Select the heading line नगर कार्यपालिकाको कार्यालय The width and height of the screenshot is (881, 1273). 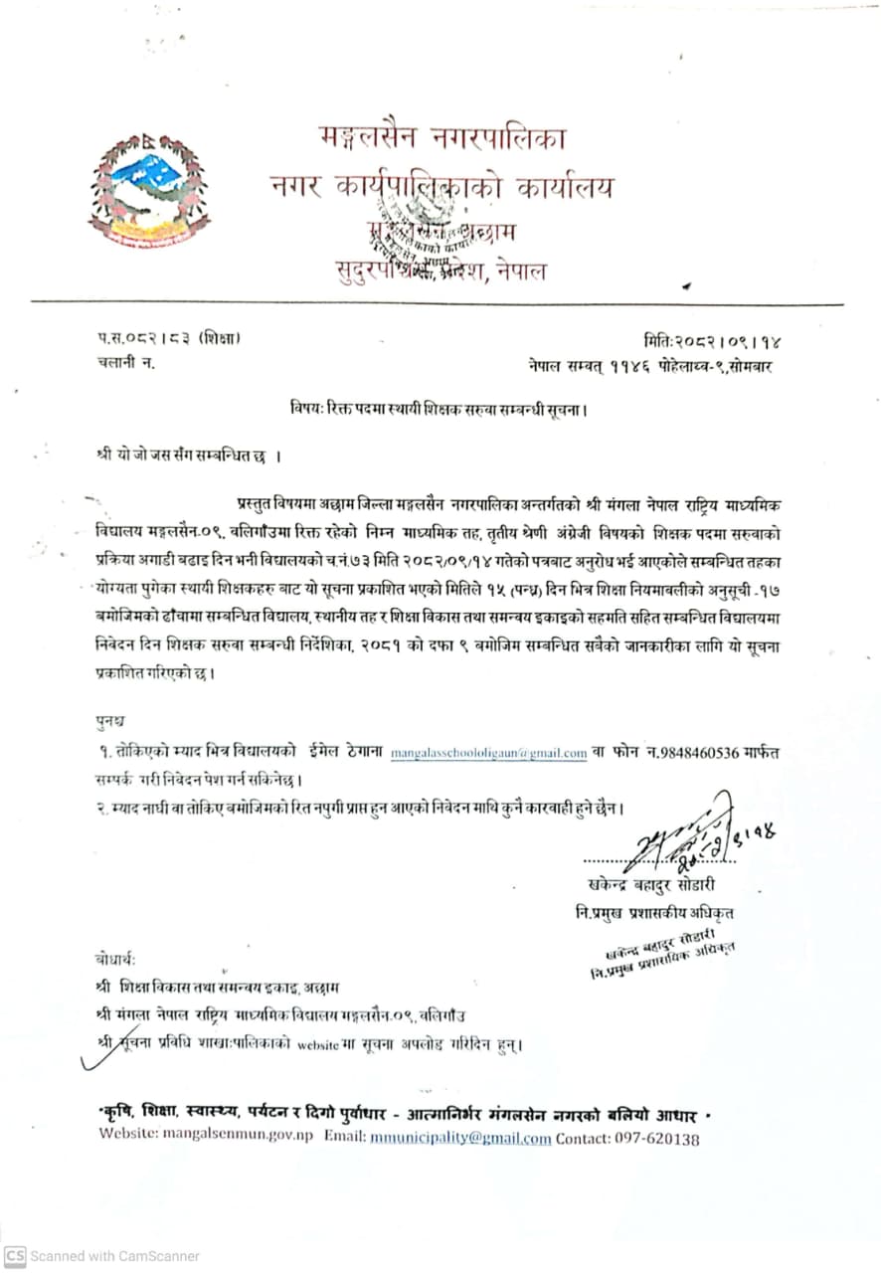pos(441,186)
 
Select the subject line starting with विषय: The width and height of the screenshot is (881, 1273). pos(439,408)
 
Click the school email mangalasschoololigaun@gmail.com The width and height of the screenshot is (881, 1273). pos(488,753)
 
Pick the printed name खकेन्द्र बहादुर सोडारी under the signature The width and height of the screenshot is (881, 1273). pos(651,884)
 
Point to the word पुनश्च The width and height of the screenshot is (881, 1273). pos(110,719)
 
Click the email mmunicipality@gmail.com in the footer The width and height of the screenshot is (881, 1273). pos(460,1138)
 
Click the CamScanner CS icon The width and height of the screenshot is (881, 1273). pos(15,1256)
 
